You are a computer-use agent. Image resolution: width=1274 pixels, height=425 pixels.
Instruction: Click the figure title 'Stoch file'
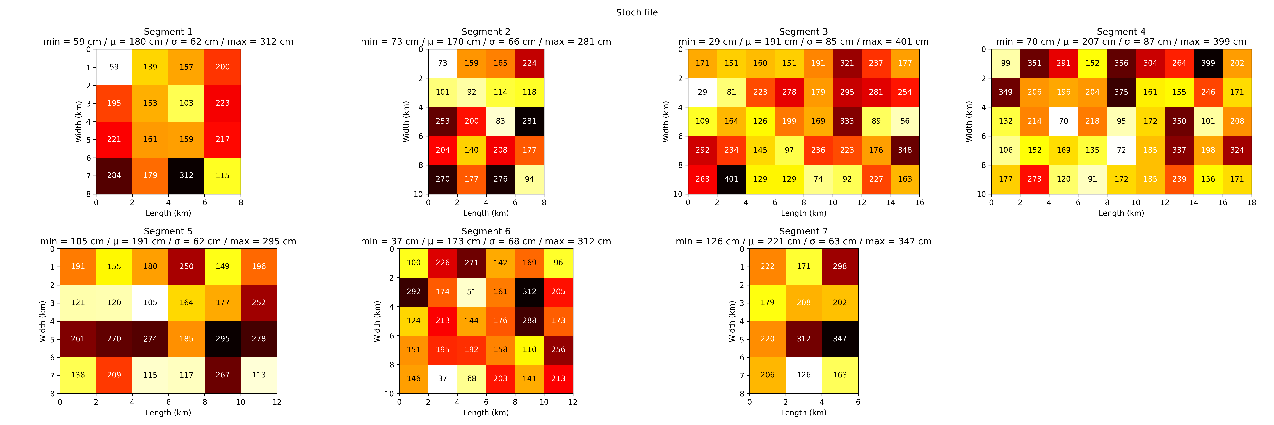click(636, 12)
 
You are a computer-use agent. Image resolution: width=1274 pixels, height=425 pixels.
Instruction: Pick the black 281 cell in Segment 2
click(529, 121)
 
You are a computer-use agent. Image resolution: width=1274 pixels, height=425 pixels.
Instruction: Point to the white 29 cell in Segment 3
click(702, 92)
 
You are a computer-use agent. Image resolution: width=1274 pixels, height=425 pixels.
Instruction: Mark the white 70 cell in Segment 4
click(1063, 121)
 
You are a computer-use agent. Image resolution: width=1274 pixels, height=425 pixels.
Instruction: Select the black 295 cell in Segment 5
click(223, 339)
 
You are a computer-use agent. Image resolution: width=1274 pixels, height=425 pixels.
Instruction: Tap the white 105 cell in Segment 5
click(150, 303)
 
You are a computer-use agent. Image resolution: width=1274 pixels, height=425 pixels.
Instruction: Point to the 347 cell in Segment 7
click(840, 339)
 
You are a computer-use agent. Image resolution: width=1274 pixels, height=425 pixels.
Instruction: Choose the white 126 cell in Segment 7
click(804, 375)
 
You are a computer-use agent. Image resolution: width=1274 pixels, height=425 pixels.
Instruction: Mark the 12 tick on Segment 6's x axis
click(573, 402)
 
